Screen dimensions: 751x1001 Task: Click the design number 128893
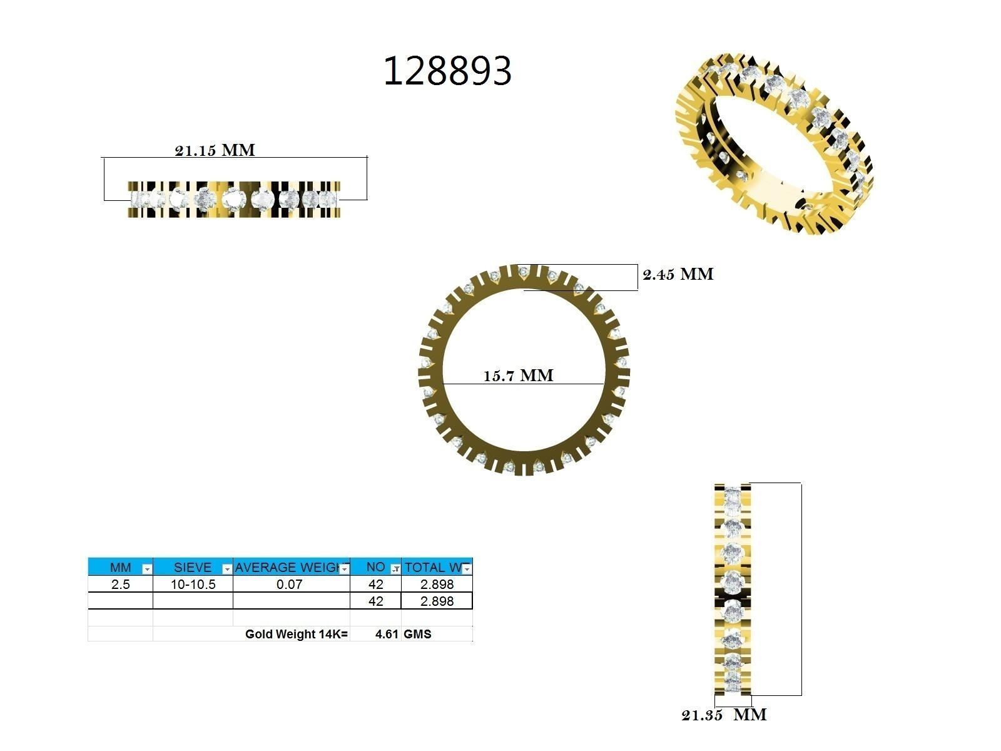point(447,71)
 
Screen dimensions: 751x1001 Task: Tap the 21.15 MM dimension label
point(215,150)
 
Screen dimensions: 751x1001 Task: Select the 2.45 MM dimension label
point(678,274)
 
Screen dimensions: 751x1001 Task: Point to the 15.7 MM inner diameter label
point(518,375)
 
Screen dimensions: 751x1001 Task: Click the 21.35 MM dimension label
point(724,715)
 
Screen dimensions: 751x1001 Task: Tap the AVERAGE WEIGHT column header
point(287,568)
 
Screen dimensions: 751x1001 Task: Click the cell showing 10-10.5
point(193,585)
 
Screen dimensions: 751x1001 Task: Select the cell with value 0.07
point(290,585)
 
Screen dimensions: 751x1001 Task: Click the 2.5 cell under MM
point(120,585)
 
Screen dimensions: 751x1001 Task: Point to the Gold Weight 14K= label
point(296,634)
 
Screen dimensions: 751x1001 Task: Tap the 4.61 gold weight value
point(386,634)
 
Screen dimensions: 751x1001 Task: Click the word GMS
point(417,634)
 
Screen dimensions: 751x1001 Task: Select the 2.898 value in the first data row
point(437,585)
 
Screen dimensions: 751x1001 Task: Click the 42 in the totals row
point(375,601)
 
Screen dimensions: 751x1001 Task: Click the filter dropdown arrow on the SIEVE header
point(227,569)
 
